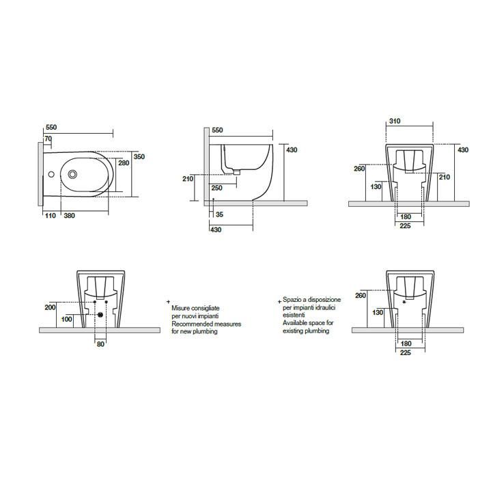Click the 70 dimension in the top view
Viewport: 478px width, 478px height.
tap(48, 139)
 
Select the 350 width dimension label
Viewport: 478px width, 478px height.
tap(139, 156)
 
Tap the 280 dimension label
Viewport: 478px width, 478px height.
tap(124, 163)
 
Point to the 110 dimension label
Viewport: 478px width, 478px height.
tap(51, 216)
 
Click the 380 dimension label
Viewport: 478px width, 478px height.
tap(70, 216)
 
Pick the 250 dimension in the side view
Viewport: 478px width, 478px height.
tap(216, 188)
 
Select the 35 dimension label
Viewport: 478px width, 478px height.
tap(219, 214)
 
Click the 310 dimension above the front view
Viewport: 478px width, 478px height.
tap(395, 121)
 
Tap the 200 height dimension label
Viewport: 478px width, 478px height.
tap(51, 307)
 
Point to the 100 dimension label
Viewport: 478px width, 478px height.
tap(67, 319)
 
